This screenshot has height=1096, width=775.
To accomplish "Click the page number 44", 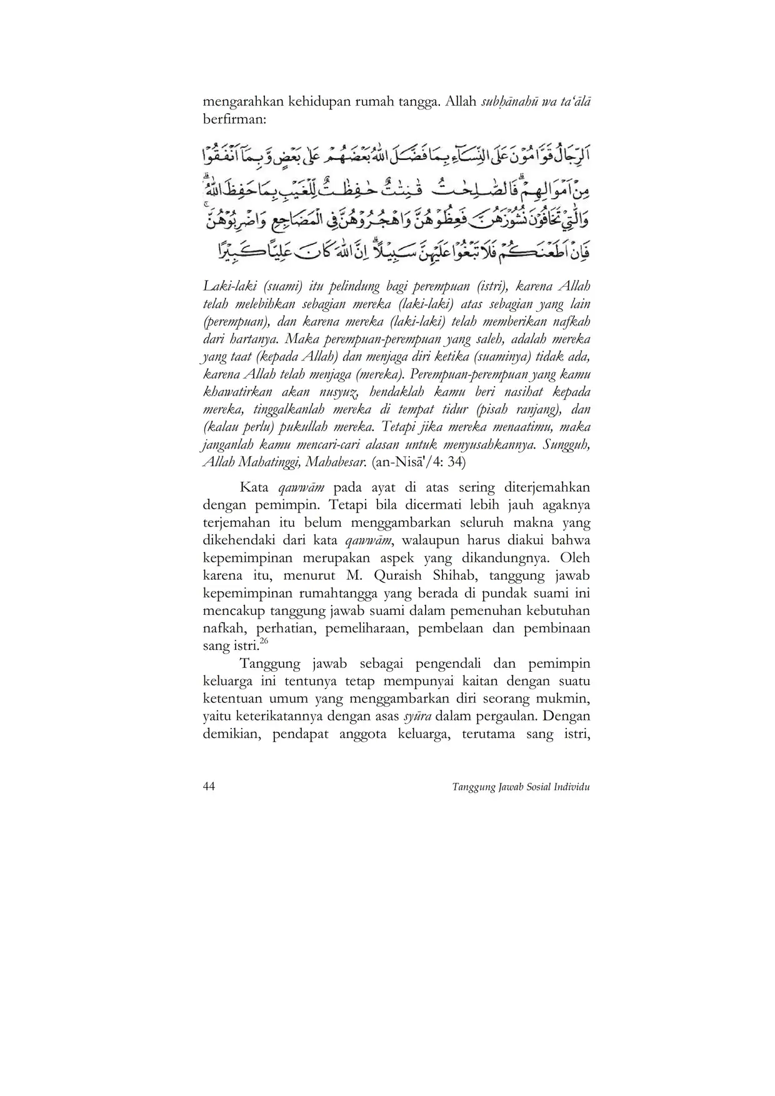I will pos(209,786).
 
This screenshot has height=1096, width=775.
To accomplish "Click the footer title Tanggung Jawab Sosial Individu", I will pos(521,787).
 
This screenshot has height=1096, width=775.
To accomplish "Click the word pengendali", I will pos(443,664).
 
